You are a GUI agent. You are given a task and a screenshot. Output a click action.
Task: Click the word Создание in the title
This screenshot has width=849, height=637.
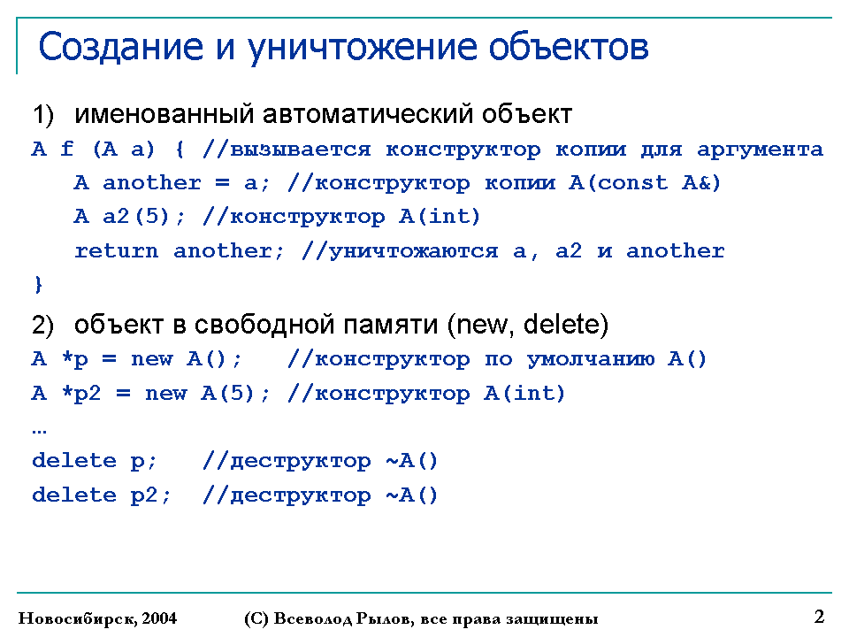coord(121,46)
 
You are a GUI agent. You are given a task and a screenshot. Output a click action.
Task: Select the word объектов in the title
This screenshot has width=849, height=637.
coord(568,46)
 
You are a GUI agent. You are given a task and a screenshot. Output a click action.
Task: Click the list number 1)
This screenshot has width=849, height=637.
coord(43,115)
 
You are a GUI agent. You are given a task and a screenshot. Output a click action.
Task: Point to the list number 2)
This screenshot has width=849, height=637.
coord(43,325)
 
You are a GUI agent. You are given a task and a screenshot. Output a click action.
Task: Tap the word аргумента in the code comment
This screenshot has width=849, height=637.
coord(760,150)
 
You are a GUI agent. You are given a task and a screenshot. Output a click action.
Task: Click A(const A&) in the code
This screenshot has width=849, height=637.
coord(645,183)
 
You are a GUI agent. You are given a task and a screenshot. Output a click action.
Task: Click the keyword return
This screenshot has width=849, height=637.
coord(117,250)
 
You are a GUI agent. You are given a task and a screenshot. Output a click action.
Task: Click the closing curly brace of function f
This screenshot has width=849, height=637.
coord(38,284)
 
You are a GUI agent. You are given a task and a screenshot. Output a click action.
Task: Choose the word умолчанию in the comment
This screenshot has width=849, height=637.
coord(591,360)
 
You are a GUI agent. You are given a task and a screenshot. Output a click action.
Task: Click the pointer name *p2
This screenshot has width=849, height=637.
coord(81,393)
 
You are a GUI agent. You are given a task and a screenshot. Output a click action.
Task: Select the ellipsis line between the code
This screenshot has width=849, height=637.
coord(40,432)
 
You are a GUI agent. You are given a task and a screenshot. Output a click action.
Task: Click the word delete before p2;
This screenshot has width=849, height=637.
coord(74,495)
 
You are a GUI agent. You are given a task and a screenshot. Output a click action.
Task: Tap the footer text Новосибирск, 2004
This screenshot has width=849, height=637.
coord(97,618)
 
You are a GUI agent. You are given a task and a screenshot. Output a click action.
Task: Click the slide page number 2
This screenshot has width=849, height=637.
coord(819,617)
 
